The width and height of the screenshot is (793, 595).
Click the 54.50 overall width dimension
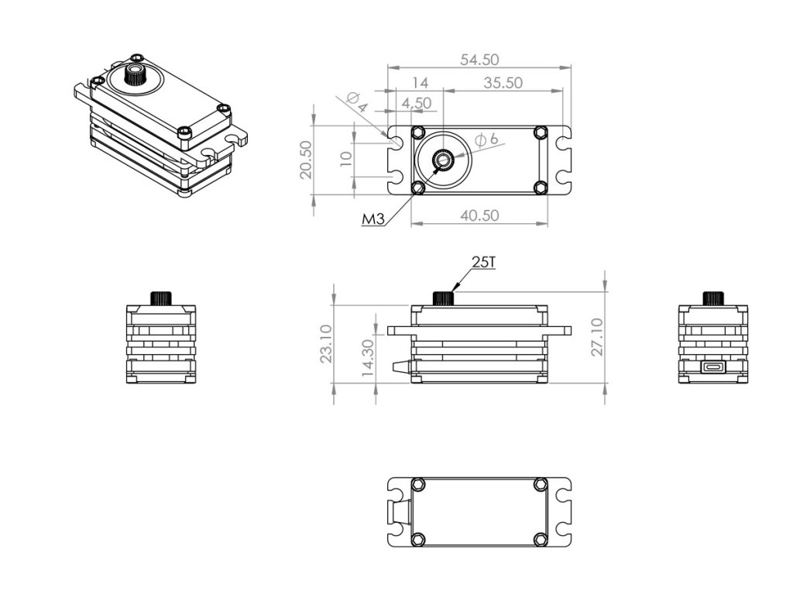coord(479,60)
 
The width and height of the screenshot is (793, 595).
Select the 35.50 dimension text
coord(503,83)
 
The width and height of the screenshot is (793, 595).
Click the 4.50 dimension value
coord(417,103)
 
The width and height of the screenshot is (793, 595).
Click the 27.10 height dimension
coord(596,337)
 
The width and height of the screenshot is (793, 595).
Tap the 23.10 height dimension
coord(326,343)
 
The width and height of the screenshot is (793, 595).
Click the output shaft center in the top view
coord(444,160)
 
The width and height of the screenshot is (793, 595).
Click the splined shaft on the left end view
coord(161,297)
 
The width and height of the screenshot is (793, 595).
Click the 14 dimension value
coord(420,83)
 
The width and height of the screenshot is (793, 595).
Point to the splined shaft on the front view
coord(443,298)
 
